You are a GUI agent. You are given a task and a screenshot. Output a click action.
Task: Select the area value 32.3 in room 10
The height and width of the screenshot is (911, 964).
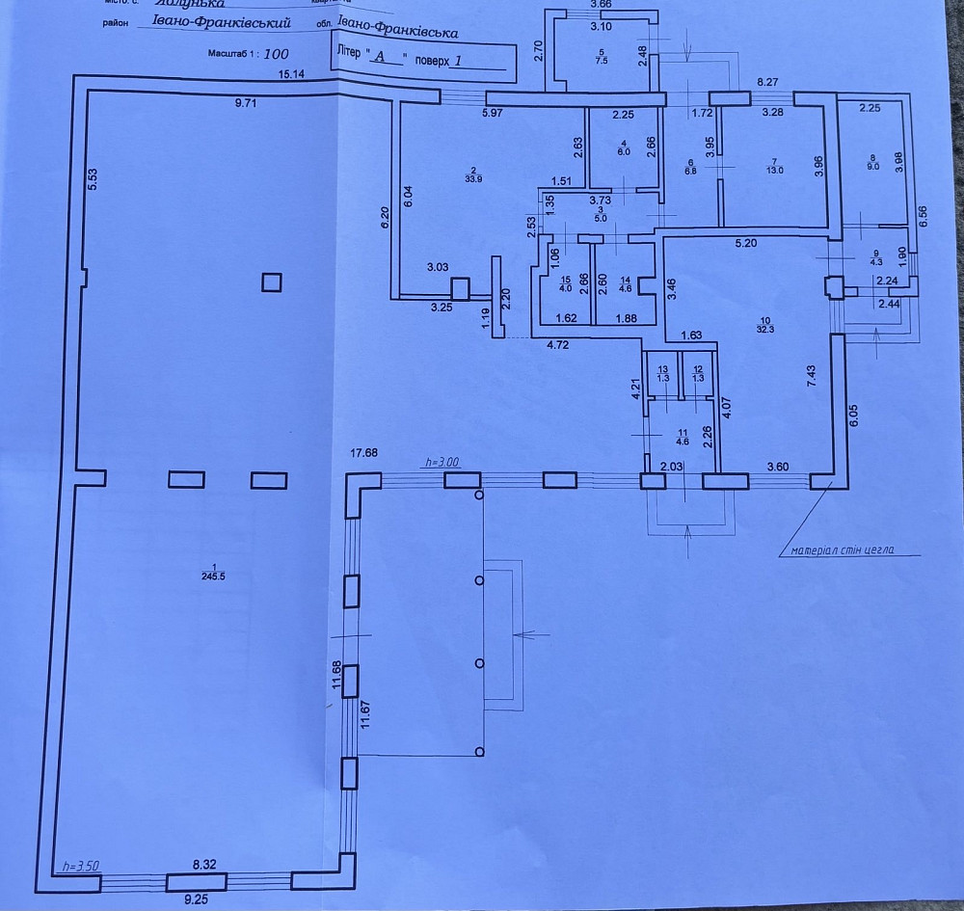point(766,330)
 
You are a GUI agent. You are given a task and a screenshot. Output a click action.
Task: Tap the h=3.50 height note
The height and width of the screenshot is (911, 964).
point(75,866)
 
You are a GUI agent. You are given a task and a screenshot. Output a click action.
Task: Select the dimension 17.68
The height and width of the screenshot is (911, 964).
point(364,453)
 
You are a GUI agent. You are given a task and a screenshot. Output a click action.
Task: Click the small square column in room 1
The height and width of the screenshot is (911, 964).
point(273,281)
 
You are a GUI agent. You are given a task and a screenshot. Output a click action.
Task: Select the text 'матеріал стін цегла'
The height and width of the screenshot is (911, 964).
point(839,551)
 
